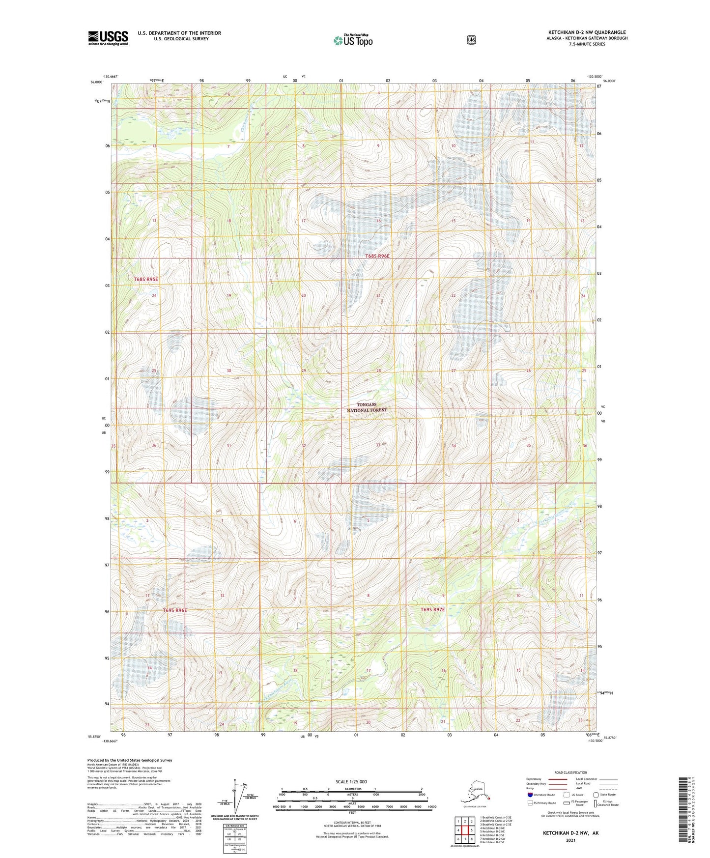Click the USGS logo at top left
pyautogui.click(x=108, y=38)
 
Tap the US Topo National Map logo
pyautogui.click(x=353, y=40)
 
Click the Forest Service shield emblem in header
pyautogui.click(x=471, y=40)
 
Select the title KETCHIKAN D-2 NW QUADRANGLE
pyautogui.click(x=587, y=32)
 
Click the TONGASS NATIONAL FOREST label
pyautogui.click(x=367, y=407)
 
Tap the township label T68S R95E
pyautogui.click(x=146, y=279)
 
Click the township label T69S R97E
pyautogui.click(x=432, y=609)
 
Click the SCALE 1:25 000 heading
pyautogui.click(x=351, y=781)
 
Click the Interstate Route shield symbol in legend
pyautogui.click(x=530, y=795)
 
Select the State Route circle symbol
pyautogui.click(x=596, y=795)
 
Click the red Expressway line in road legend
pyautogui.click(x=557, y=779)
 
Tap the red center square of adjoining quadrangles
pyautogui.click(x=464, y=830)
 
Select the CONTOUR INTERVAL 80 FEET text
pyautogui.click(x=352, y=823)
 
